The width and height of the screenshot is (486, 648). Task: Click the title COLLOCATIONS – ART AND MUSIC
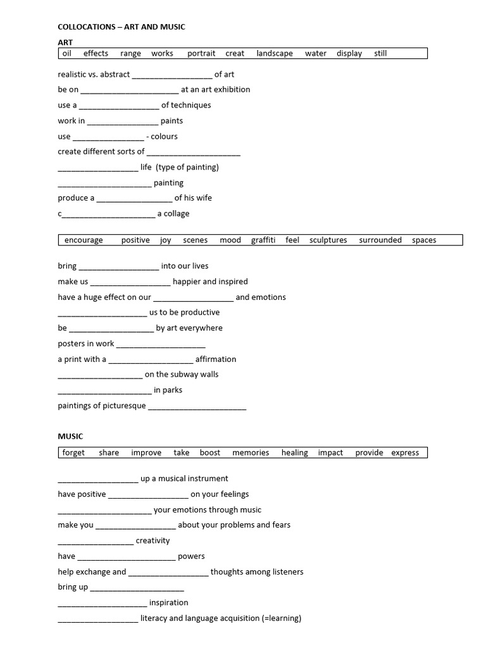(x=121, y=27)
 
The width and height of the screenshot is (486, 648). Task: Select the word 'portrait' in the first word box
(x=201, y=54)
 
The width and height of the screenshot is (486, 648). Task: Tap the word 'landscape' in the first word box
(x=275, y=54)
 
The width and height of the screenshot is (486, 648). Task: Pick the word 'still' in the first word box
(x=380, y=54)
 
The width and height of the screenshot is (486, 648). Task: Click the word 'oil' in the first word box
(x=67, y=54)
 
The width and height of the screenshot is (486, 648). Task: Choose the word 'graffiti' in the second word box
(x=263, y=240)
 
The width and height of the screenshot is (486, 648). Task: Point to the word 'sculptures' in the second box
(x=328, y=240)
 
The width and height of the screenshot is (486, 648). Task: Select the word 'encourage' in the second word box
(x=84, y=240)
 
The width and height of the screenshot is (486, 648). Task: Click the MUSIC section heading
(x=70, y=437)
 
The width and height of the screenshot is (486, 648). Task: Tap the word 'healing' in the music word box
(x=295, y=453)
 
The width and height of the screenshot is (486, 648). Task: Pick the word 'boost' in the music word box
(x=210, y=453)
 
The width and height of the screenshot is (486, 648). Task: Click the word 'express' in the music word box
(x=405, y=453)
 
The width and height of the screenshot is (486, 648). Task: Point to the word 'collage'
(x=177, y=214)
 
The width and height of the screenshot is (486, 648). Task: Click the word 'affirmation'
(x=216, y=359)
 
